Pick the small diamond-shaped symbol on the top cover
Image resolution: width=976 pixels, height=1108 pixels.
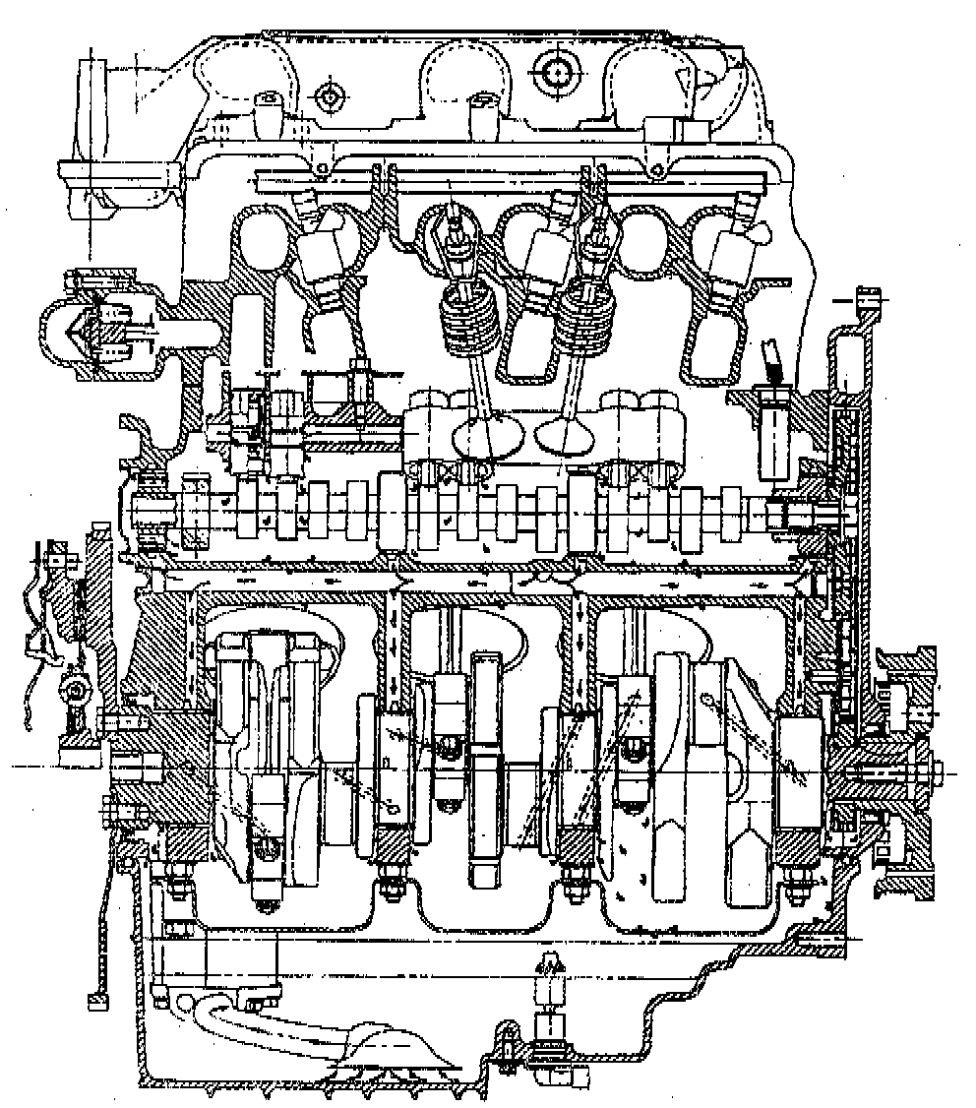327,96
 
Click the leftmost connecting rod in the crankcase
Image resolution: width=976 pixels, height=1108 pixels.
266,758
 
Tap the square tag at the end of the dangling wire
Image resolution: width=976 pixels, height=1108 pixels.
96,1001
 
